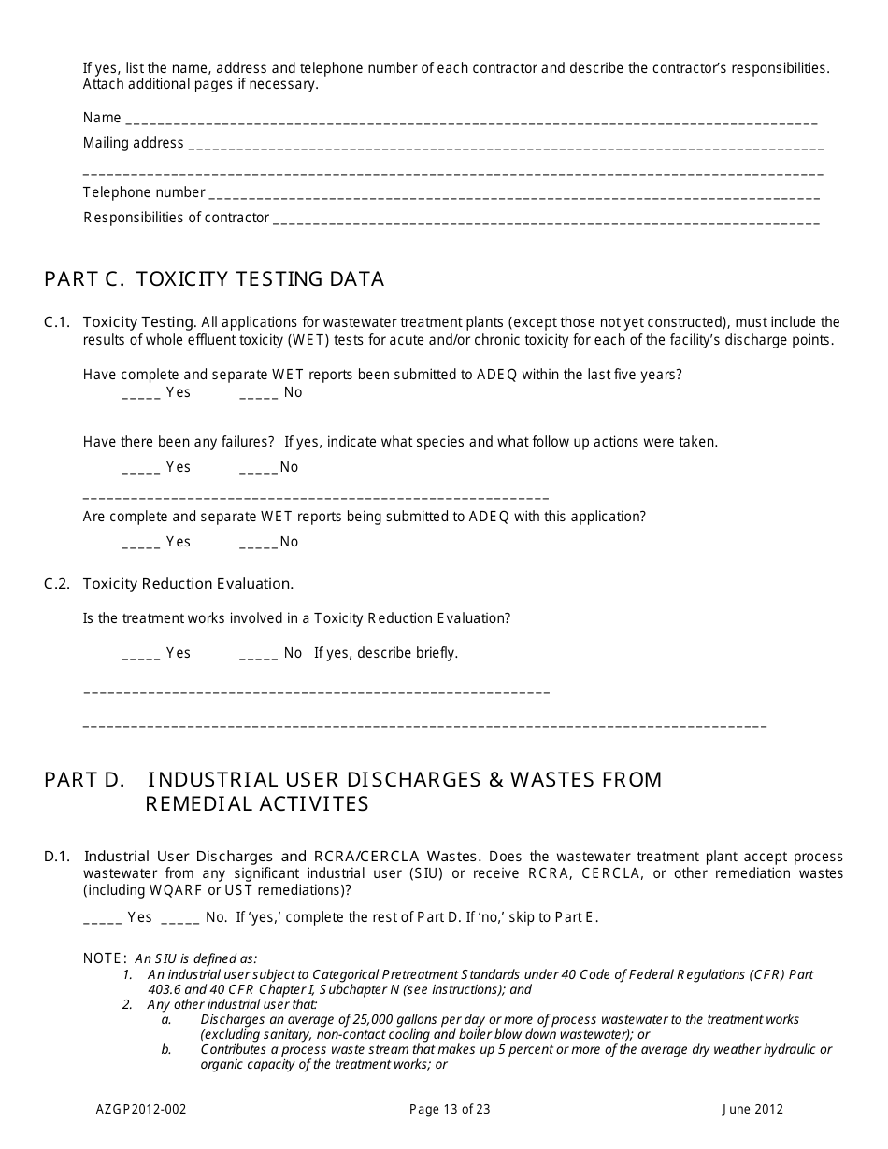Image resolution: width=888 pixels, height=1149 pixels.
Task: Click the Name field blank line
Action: coord(471,121)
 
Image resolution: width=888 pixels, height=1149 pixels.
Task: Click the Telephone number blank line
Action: coord(513,195)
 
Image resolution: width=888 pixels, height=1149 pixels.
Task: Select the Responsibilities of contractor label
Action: coord(176,218)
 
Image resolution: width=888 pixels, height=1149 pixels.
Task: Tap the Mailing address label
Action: coord(133,143)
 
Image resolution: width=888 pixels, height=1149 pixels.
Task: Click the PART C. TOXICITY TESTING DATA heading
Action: coord(214,279)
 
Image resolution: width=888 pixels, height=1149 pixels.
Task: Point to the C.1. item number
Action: coord(57,322)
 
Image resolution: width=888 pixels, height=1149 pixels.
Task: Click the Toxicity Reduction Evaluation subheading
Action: coord(188,584)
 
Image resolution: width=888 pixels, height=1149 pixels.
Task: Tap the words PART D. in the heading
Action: coord(84,780)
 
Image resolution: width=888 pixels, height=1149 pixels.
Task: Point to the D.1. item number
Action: coord(57,857)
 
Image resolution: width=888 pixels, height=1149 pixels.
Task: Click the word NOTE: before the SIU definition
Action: coord(105,958)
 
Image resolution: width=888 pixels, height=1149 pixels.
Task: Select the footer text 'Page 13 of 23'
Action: coord(450,1110)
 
